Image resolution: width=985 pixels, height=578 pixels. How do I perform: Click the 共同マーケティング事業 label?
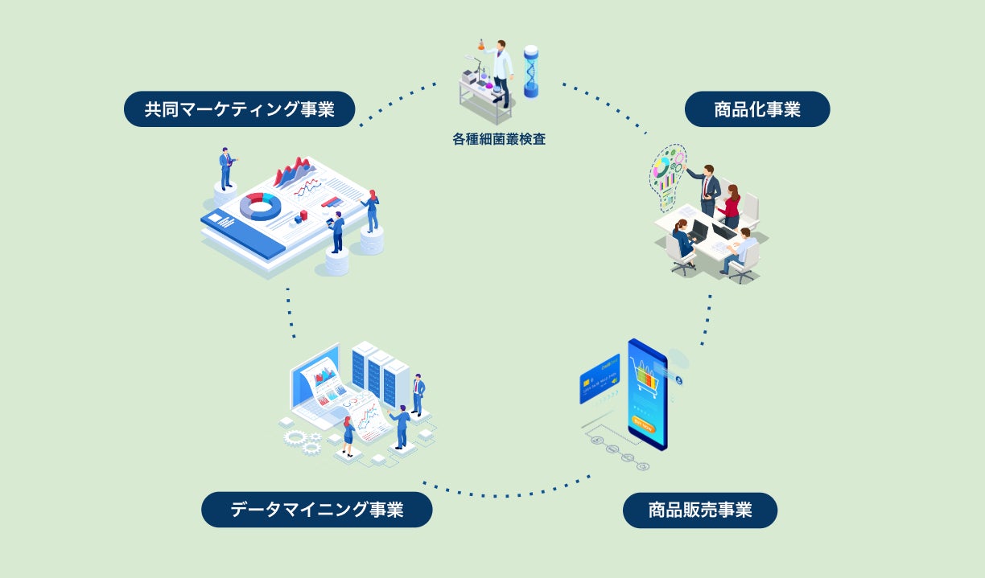[239, 109]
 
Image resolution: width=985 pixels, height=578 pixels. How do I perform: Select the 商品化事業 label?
[756, 109]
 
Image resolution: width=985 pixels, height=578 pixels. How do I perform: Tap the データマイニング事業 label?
[316, 510]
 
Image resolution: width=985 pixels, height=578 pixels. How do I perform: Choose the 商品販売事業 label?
[699, 510]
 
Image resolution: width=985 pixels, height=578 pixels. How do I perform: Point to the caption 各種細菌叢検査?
[498, 139]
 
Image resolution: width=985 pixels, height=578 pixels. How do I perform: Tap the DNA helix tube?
[531, 72]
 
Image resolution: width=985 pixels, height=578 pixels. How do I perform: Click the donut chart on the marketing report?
[260, 206]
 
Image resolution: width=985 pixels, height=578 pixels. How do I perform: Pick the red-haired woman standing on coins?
[372, 211]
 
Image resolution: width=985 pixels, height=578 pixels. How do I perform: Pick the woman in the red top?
[732, 207]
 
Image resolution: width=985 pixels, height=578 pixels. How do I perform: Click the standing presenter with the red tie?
[707, 190]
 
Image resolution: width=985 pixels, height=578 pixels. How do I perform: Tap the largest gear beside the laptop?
[295, 437]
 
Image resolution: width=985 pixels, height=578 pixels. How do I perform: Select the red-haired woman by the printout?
[348, 435]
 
